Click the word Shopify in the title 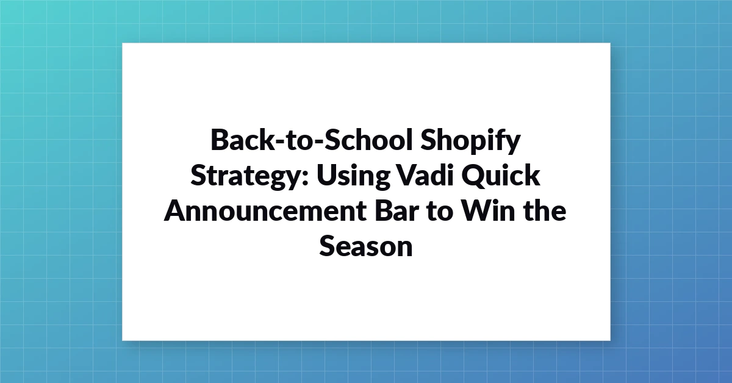tap(470, 140)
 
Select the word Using tap(353, 176)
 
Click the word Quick tap(501, 176)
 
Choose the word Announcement tap(265, 211)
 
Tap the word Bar tap(397, 210)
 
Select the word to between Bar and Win tap(440, 212)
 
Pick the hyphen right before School tap(318, 143)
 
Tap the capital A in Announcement tap(176, 211)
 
